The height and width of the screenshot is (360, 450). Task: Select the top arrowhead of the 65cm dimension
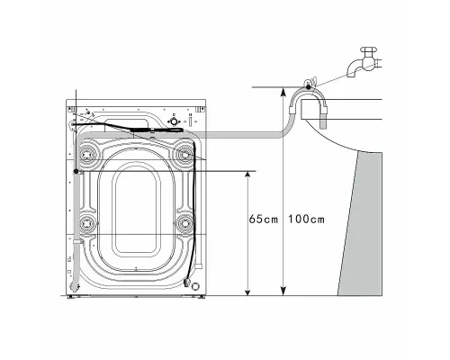[x=243, y=176]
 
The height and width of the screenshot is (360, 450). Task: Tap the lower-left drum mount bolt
[x=88, y=222]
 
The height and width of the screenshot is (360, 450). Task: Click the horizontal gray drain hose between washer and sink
[x=243, y=137]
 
